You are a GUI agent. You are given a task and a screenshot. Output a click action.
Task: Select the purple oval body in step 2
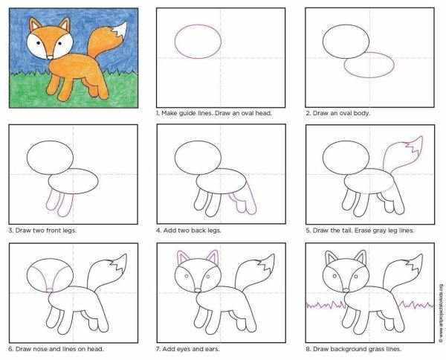[369, 65]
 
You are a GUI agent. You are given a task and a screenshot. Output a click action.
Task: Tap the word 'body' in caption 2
[361, 114]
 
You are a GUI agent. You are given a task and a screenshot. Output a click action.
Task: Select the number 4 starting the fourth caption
[158, 230]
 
